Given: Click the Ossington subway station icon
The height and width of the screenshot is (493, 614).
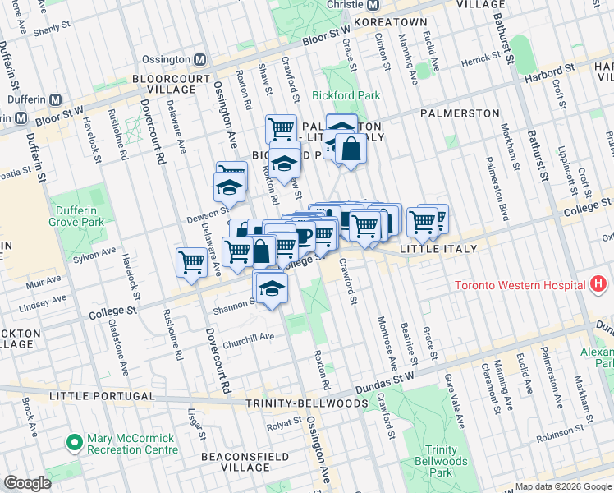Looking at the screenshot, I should [199, 60].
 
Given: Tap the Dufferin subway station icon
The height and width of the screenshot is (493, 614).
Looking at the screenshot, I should [56, 99].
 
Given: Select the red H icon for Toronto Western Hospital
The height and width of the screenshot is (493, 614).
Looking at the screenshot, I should [598, 285].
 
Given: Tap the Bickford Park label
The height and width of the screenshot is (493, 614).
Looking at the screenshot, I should [346, 95].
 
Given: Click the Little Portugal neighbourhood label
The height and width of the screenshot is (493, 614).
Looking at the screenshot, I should [96, 396].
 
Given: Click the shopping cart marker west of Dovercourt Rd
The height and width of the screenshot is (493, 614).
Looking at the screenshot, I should [192, 263].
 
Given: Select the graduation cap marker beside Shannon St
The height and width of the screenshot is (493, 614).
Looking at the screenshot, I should [272, 288].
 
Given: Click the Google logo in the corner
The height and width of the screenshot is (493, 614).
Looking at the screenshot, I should [27, 483].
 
